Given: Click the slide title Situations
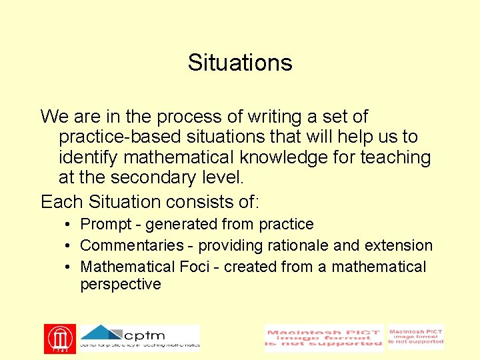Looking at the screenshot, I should tap(240, 63).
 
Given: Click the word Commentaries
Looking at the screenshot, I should tap(131, 246).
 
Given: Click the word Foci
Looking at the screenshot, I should tap(199, 267).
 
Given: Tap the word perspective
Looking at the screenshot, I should tap(121, 285).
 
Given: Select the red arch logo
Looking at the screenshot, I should tap(59, 339).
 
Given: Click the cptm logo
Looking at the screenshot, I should tap(140, 337).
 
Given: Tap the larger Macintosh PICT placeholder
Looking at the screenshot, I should tap(323, 338).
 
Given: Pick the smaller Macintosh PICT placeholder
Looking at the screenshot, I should tap(416, 337).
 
